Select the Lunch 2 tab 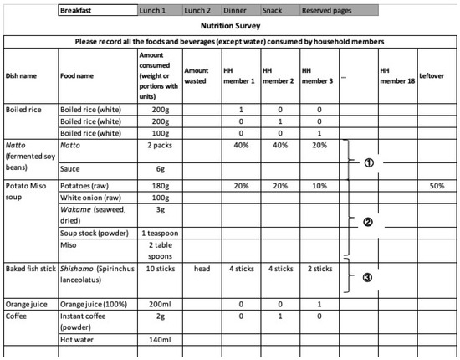pos(202,11)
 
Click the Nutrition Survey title pos(229,26)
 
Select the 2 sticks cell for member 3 pos(318,265)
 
